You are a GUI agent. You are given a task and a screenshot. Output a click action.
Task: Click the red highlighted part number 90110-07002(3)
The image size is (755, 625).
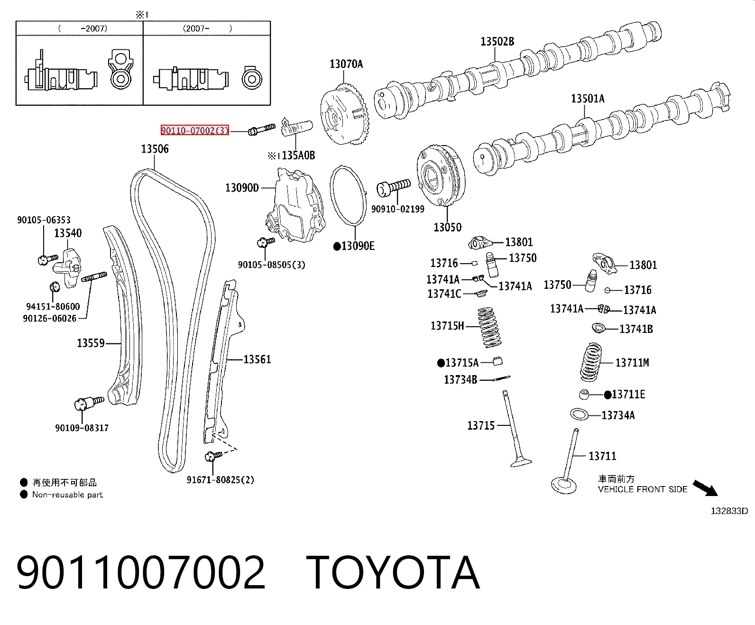[195, 130]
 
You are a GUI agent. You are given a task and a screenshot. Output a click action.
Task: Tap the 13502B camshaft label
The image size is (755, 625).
[497, 42]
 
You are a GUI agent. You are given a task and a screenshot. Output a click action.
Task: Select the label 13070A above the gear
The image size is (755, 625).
[346, 64]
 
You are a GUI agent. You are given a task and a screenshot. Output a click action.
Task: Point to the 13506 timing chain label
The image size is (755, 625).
[155, 148]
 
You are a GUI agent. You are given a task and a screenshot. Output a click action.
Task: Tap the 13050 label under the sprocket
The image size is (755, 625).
[448, 227]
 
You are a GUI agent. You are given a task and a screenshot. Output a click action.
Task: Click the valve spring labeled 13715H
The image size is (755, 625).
[489, 327]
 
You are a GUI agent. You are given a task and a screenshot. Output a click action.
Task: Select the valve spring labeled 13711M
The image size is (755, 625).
[591, 362]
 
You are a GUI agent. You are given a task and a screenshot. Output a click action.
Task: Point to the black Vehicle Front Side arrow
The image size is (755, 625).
[705, 488]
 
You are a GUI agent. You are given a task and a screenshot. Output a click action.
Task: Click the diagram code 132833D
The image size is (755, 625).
[729, 511]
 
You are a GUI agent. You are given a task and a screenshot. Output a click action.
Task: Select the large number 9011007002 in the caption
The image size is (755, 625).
[141, 572]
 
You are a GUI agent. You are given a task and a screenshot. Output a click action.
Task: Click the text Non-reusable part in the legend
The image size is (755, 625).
[68, 495]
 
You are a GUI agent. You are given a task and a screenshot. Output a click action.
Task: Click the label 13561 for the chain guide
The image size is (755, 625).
[257, 359]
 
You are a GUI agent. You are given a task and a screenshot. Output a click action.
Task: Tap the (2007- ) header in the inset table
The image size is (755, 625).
[207, 28]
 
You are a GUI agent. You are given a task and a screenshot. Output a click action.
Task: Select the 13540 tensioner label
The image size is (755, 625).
[68, 233]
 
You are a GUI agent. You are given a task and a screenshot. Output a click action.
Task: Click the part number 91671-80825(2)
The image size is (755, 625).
[220, 480]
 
